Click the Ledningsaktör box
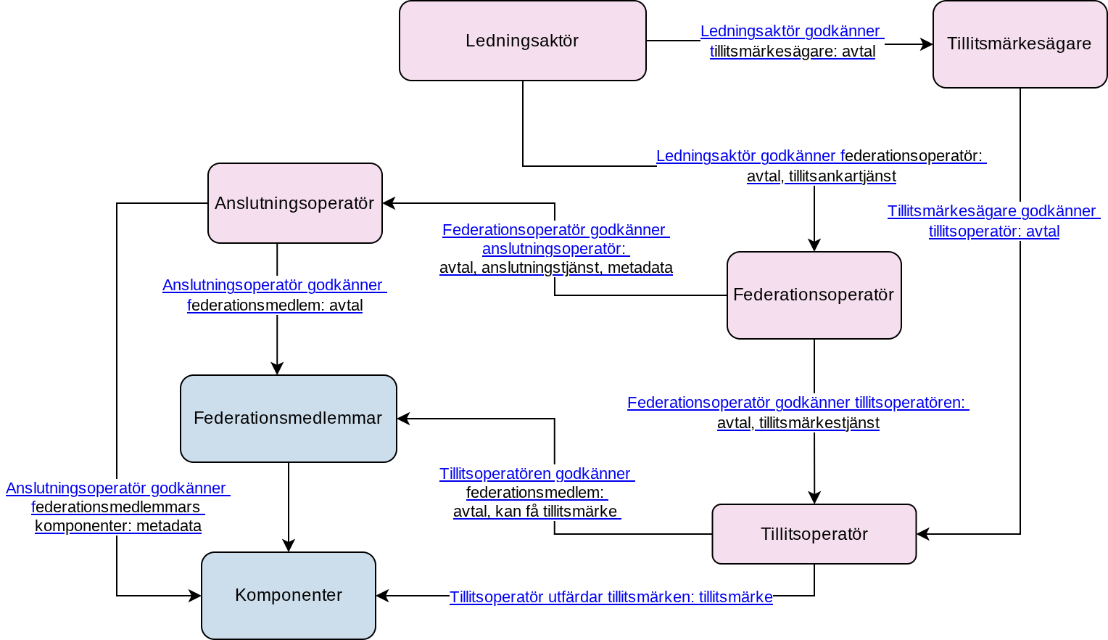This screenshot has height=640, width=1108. [x=522, y=41]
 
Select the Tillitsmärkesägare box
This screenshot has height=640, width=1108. [x=1020, y=44]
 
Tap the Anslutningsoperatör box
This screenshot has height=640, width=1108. [x=295, y=203]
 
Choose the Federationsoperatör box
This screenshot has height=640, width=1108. [x=814, y=295]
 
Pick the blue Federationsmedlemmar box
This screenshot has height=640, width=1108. [x=289, y=418]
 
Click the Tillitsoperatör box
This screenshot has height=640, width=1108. [x=814, y=533]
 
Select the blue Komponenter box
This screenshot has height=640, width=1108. [x=289, y=596]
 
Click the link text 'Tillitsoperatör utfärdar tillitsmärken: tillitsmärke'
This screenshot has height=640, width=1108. [x=611, y=597]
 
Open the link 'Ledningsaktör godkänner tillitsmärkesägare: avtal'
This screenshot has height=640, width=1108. [x=793, y=41]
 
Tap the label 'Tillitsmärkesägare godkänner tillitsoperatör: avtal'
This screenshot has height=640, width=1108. [x=993, y=221]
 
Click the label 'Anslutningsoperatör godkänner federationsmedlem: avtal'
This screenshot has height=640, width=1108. [x=275, y=295]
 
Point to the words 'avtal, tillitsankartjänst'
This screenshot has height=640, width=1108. [x=822, y=176]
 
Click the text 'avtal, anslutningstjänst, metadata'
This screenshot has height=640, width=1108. [x=556, y=268]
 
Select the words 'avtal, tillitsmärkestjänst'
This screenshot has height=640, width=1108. [x=798, y=423]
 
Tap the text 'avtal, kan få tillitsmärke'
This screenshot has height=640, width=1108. [x=536, y=512]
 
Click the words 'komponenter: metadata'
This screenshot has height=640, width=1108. [x=118, y=525]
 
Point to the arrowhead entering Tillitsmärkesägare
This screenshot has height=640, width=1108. [x=927, y=44]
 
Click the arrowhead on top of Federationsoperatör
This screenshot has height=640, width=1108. [x=814, y=245]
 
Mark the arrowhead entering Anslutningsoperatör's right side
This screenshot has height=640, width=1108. [x=389, y=203]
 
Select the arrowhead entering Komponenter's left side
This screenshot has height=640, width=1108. [x=195, y=596]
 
